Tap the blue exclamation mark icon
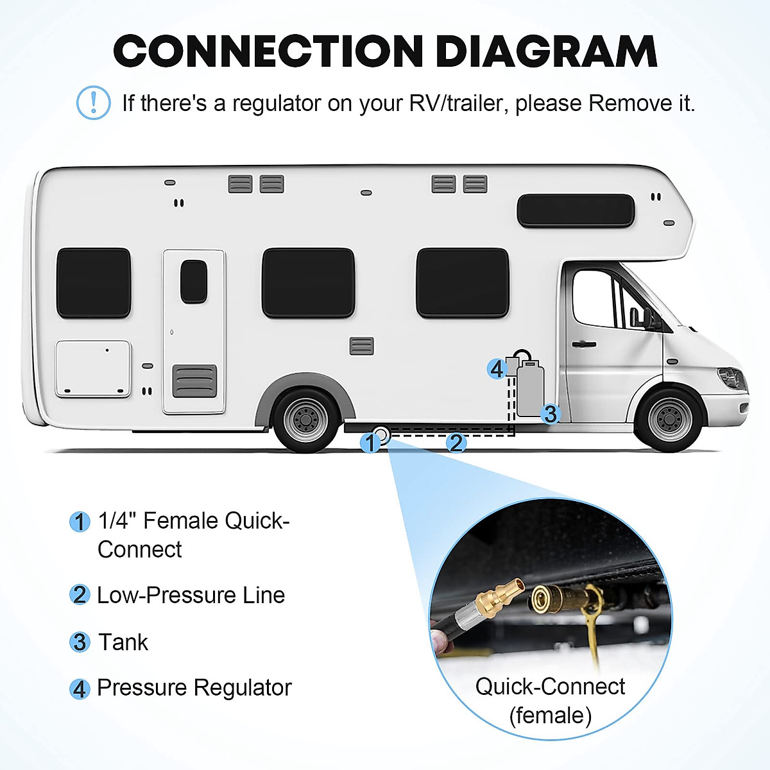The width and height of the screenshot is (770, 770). click(x=93, y=103)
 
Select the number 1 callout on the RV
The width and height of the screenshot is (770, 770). click(x=370, y=443)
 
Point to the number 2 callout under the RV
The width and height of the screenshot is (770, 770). click(x=456, y=443)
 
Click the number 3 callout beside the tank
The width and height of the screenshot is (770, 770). click(x=550, y=414)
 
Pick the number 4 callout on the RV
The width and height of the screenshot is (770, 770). click(x=497, y=369)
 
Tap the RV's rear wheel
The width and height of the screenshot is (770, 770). click(x=306, y=420)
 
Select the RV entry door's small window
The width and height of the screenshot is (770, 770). click(x=193, y=282)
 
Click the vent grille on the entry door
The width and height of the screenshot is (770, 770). click(x=194, y=381)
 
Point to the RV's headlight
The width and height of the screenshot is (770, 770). click(x=732, y=378)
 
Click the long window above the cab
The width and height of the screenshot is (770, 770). click(x=576, y=210)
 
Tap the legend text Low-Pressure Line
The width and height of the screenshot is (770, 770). click(x=191, y=595)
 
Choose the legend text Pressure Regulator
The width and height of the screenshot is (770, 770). click(x=194, y=688)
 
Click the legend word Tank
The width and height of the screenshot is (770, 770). click(x=123, y=642)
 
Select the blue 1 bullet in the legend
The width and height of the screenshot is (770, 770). click(x=80, y=522)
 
